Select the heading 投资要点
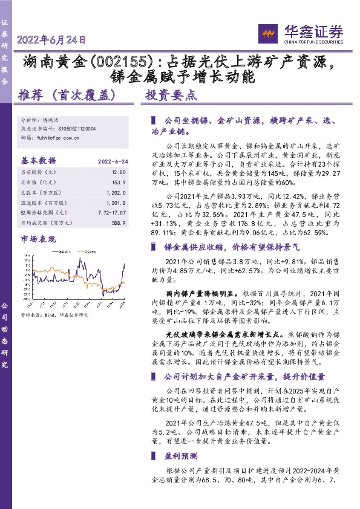171,95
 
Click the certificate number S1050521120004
82,129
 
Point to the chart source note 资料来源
54,315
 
